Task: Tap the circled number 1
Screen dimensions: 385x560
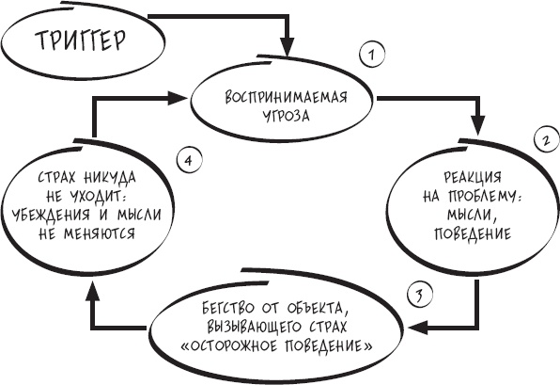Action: pyautogui.click(x=372, y=55)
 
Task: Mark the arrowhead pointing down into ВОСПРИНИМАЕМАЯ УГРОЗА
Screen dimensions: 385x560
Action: pyautogui.click(x=288, y=47)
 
